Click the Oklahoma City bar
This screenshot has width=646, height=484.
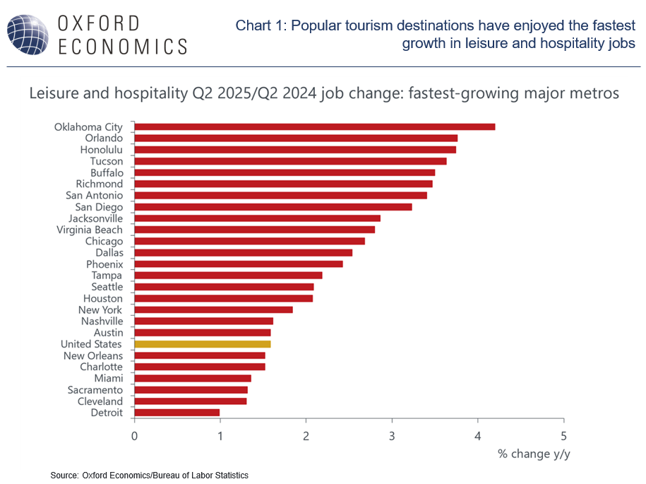[x=314, y=127]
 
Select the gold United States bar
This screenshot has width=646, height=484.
[x=203, y=344]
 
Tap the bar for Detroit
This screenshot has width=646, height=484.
[x=177, y=413]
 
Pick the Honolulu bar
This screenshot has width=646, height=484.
[x=295, y=150]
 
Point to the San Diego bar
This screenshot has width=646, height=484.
[x=273, y=207]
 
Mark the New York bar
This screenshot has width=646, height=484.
[x=213, y=309]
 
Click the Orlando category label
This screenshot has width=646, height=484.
[x=104, y=138]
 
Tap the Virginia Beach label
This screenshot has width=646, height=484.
[x=90, y=230]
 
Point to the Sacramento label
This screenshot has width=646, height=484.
[x=95, y=390]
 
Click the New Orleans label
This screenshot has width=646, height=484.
[x=92, y=355]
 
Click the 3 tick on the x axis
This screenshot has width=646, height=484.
[x=392, y=435]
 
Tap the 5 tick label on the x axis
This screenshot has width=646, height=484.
[x=563, y=435]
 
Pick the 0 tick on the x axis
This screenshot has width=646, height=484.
[x=134, y=435]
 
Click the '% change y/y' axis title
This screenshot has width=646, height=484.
[x=534, y=454]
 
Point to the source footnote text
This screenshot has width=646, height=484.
[x=149, y=476]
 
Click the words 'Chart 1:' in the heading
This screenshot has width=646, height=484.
[x=261, y=26]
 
